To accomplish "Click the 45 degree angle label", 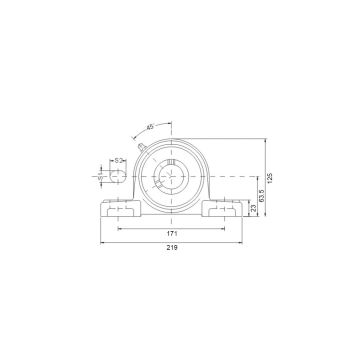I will pos(150,128).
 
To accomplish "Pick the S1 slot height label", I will pos(101,174).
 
